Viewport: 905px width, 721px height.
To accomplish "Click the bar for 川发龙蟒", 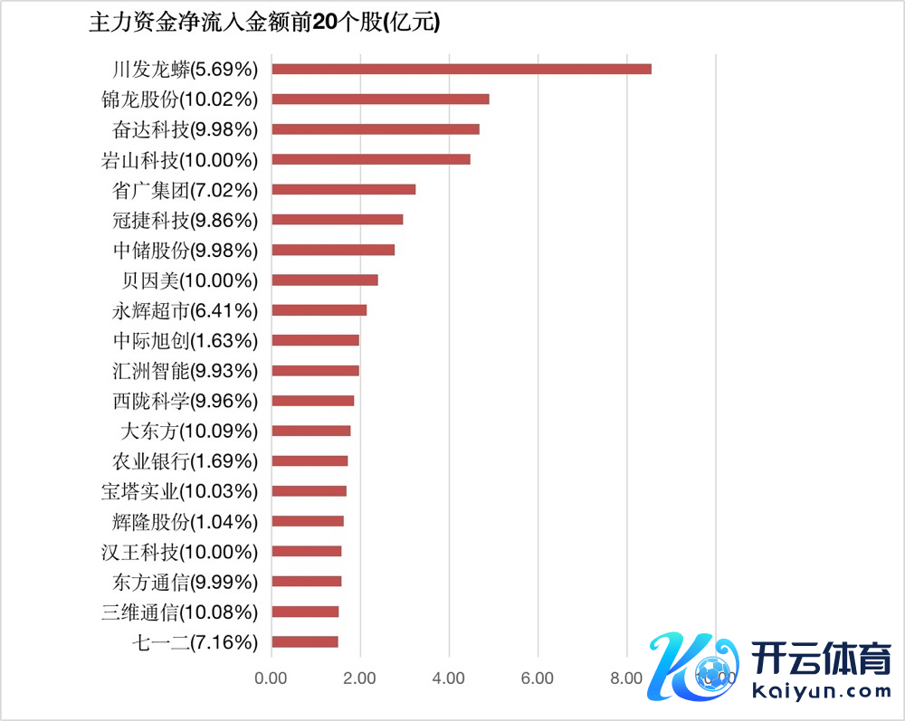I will tap(462, 69).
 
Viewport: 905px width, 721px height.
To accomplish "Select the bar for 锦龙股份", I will tap(380, 99).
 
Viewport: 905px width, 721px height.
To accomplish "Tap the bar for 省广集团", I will tap(343, 189).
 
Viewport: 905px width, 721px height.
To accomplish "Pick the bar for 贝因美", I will tap(324, 280).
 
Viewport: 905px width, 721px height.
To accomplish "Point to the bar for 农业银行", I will tap(310, 460).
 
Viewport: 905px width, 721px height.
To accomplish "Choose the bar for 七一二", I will tap(304, 641).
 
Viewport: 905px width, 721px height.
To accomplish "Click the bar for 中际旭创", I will tap(315, 340).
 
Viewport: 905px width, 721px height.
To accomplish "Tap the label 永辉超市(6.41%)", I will tap(185, 311).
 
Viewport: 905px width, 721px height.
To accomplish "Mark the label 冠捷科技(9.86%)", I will tap(185, 220).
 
